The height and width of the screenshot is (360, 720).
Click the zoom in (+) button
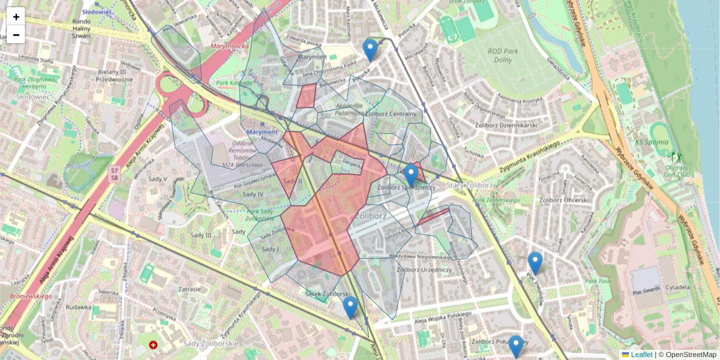point(16,17)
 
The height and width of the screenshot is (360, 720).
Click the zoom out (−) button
point(16,35)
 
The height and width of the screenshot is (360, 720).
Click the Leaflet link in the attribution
point(641,355)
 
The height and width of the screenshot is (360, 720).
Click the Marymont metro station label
point(262,132)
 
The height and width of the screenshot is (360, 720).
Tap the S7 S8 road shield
point(114,175)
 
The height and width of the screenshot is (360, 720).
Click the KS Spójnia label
point(650,143)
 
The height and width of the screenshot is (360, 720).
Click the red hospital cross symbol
point(154,346)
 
